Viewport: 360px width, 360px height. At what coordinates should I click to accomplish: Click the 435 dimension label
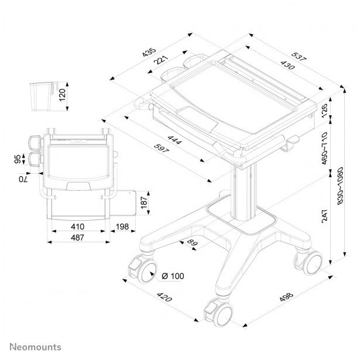149,51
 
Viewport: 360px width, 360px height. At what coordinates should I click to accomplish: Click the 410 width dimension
78,227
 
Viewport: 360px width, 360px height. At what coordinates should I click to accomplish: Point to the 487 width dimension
78,238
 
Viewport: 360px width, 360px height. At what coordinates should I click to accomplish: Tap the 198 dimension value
122,227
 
